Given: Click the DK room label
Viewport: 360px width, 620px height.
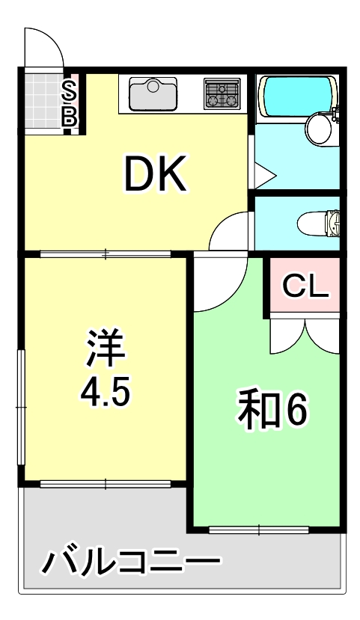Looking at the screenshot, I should pyautogui.click(x=154, y=174).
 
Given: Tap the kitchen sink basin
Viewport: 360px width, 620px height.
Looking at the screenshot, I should pyautogui.click(x=153, y=95).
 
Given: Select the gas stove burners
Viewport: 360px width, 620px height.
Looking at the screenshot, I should pyautogui.click(x=222, y=95).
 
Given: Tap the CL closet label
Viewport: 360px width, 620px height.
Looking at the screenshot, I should pyautogui.click(x=305, y=286).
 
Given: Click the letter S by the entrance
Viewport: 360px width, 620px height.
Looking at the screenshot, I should pyautogui.click(x=69, y=91).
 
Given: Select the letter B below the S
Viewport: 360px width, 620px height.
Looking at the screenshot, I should pyautogui.click(x=69, y=116).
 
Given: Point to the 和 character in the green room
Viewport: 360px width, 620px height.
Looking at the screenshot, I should pyautogui.click(x=254, y=408).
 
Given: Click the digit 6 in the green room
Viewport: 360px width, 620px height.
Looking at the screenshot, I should pyautogui.click(x=293, y=409).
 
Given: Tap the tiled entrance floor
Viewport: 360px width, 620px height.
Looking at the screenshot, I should pyautogui.click(x=42, y=102).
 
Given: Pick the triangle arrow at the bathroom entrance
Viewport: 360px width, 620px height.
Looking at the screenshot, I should pyautogui.click(x=263, y=177).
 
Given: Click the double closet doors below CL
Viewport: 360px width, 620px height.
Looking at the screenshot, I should pyautogui.click(x=305, y=334).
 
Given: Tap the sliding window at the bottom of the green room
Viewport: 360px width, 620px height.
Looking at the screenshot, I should pyautogui.click(x=258, y=530).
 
